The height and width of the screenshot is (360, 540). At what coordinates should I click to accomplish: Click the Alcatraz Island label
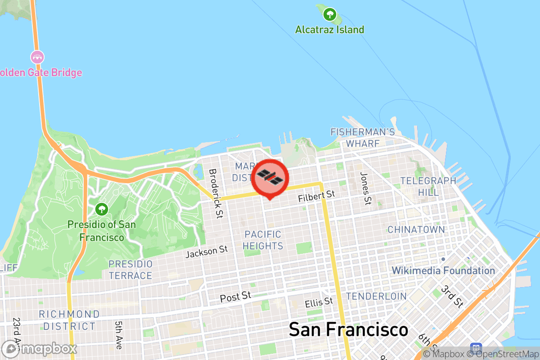[329, 30]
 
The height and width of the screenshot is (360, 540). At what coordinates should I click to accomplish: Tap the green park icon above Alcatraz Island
[330, 15]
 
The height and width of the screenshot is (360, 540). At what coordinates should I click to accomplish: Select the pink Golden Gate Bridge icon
[37, 57]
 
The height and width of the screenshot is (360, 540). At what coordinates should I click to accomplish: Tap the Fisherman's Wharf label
[362, 137]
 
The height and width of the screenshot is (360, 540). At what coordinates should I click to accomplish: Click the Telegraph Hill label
[428, 186]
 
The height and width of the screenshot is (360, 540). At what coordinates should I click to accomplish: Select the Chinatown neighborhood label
[416, 229]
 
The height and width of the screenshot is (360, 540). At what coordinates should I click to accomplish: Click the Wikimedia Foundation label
[443, 270]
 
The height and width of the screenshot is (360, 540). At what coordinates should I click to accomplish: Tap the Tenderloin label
[376, 297]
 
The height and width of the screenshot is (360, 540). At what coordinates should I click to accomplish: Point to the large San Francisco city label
[348, 330]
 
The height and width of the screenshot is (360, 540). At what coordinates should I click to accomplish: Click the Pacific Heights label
[263, 240]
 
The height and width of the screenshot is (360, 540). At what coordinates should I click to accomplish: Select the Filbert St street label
[317, 196]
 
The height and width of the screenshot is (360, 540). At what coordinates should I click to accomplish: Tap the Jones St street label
[366, 188]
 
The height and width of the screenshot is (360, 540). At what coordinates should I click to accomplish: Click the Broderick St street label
[216, 193]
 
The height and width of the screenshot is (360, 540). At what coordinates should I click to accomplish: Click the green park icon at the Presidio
[101, 209]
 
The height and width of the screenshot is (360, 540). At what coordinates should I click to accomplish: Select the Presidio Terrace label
[130, 270]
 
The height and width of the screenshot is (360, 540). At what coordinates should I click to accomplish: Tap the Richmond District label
[69, 320]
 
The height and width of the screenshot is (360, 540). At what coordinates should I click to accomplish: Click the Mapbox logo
[40, 349]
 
